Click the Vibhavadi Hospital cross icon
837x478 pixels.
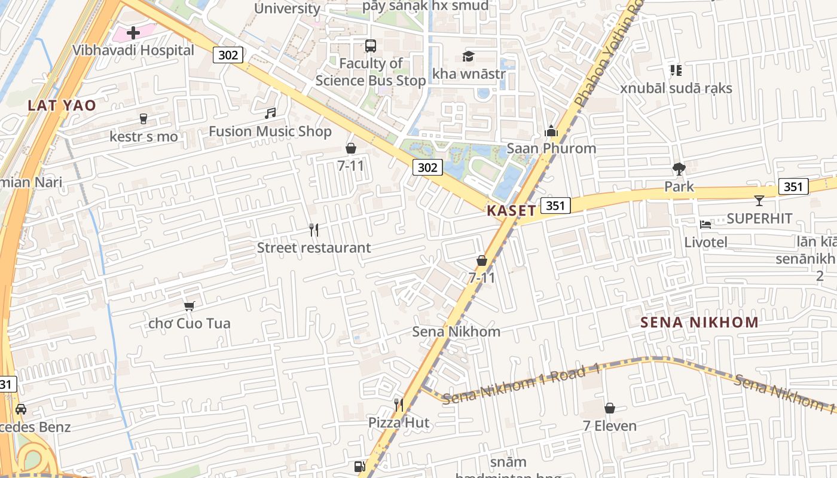point(133,32)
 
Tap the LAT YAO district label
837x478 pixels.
point(62,106)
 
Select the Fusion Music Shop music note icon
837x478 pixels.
point(270,113)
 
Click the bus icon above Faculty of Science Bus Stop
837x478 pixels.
point(371,45)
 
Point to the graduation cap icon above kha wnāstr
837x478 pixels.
point(468,56)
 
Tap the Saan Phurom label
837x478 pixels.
point(551,148)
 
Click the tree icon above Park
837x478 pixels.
point(679,168)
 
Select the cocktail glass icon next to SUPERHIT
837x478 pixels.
point(759,200)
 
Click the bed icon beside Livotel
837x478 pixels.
point(705,224)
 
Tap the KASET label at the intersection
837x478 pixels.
point(511,210)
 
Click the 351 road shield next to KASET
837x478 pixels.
point(555,206)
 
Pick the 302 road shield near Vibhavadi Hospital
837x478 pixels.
point(228,55)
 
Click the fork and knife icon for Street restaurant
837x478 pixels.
point(314,229)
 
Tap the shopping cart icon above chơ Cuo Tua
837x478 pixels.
point(190,306)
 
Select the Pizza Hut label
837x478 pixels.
point(398,423)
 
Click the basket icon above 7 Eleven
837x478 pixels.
point(610,408)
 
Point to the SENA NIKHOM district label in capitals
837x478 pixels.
point(699,323)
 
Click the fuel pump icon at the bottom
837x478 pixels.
point(359,467)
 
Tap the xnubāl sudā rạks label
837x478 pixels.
point(676,88)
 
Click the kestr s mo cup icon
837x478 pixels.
point(143,119)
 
